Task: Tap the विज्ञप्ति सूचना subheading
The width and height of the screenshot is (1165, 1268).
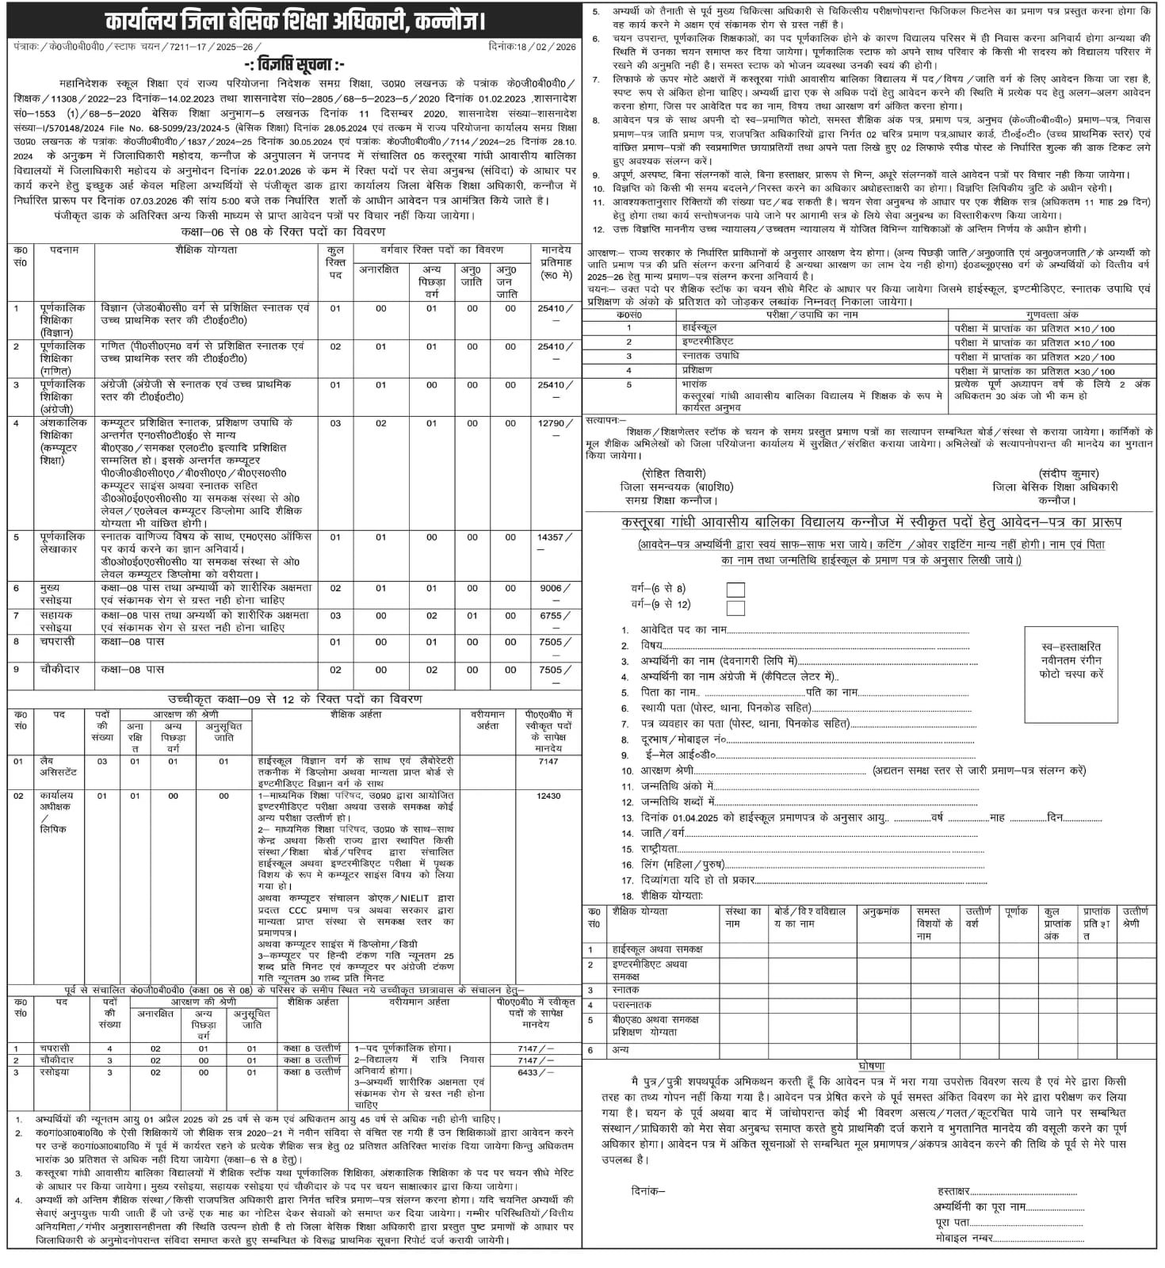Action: [x=294, y=65]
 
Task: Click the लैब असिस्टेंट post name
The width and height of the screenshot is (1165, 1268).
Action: [x=59, y=766]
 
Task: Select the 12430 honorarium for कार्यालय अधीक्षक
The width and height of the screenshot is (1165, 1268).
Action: [x=548, y=796]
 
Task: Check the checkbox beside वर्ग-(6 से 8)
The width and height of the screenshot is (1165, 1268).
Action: [x=735, y=590]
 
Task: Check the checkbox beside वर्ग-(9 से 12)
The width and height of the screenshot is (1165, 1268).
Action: [x=735, y=608]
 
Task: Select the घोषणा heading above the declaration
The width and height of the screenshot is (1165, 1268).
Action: [x=871, y=1066]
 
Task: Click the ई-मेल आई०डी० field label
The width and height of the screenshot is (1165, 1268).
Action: [x=679, y=754]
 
